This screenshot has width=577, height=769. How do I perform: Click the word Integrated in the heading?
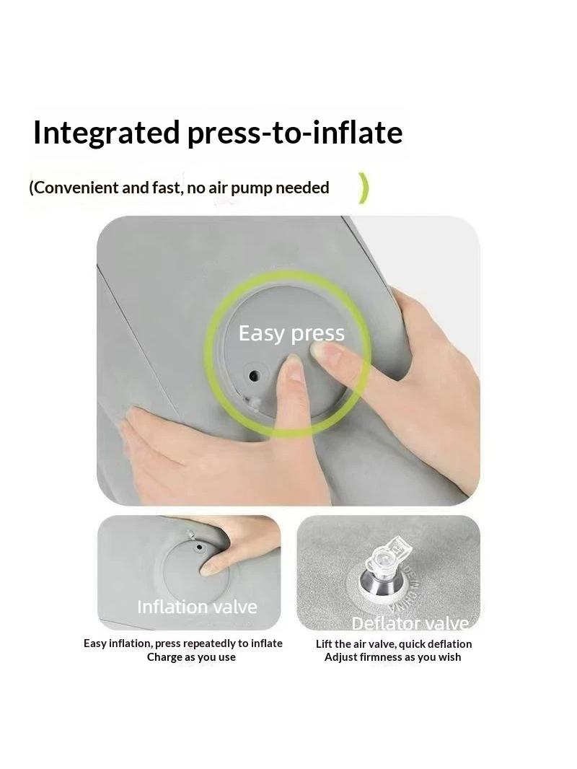(x=106, y=133)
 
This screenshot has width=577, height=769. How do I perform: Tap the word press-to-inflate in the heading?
(x=295, y=133)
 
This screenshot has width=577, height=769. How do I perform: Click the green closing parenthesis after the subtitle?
(x=363, y=188)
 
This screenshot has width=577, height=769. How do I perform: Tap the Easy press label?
(x=291, y=333)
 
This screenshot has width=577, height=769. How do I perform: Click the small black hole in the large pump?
(x=253, y=376)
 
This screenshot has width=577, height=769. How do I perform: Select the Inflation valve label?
(x=197, y=607)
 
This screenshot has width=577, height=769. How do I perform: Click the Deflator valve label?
(x=410, y=623)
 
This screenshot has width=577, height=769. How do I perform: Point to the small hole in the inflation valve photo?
(x=198, y=546)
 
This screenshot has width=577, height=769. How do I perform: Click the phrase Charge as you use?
(x=191, y=657)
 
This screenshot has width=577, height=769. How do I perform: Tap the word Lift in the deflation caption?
(x=324, y=644)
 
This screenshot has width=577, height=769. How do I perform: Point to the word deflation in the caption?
(x=449, y=644)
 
